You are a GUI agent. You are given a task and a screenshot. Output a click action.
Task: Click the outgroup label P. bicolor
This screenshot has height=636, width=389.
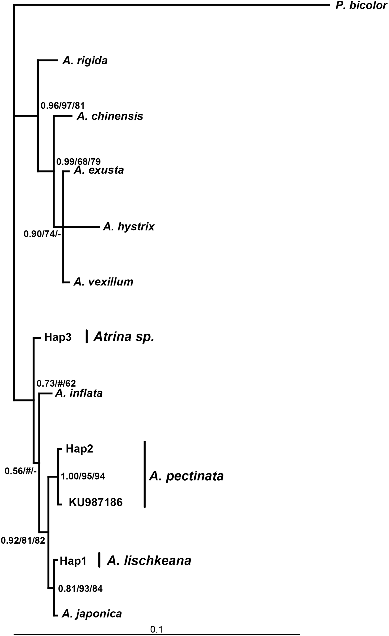click(361, 5)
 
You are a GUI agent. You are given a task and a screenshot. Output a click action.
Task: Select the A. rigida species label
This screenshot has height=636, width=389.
click(85, 61)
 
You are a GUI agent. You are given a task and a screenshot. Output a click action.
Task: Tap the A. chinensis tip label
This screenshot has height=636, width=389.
click(110, 116)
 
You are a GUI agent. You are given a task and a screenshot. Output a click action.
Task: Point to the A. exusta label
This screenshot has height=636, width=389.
click(99, 170)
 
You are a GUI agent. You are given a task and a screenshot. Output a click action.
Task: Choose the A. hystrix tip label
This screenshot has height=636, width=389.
click(128, 227)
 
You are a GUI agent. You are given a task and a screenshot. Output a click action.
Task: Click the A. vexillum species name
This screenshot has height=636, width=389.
click(103, 282)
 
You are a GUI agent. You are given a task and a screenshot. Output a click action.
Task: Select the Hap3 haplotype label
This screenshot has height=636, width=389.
click(58, 337)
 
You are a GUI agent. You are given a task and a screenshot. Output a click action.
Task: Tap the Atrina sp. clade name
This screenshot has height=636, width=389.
click(124, 337)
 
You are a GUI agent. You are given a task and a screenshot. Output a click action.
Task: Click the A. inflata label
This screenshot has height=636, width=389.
click(78, 393)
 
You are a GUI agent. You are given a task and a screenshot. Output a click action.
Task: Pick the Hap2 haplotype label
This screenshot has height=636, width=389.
click(79, 449)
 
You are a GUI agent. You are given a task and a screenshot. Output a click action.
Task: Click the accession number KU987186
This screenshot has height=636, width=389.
click(95, 502)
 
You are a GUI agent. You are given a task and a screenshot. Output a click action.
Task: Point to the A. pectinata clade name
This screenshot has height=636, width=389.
click(186, 476)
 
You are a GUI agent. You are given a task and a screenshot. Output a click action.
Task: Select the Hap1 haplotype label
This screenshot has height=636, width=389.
click(73, 560)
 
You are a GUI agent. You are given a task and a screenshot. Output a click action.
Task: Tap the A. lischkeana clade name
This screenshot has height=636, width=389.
click(149, 560)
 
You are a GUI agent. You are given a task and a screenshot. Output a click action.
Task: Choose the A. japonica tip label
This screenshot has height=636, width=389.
click(91, 614)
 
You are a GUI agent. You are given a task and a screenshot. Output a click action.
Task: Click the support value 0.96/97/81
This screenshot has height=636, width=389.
click(63, 105)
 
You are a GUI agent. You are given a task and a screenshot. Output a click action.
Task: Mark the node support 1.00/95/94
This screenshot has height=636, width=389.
click(83, 476)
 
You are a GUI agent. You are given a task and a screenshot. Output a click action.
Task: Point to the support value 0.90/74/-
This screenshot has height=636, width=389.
click(42, 234)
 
